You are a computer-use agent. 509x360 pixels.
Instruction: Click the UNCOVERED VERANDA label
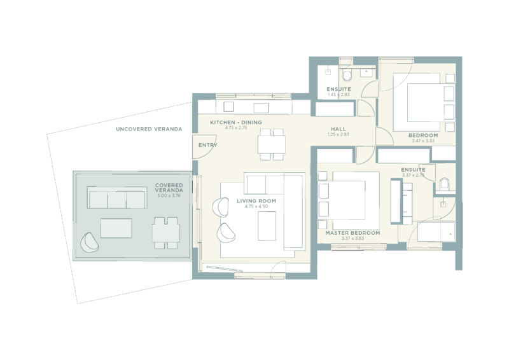[149, 129]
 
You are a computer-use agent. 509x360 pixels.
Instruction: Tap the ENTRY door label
[207, 146]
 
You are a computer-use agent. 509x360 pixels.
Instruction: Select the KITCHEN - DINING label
[235, 122]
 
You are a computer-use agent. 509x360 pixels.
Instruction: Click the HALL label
[338, 128]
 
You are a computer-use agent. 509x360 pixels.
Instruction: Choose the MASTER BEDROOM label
[352, 233]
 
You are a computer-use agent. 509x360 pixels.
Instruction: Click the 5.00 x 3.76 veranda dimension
[170, 196]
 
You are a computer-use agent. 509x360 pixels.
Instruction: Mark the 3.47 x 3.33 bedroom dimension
[422, 141]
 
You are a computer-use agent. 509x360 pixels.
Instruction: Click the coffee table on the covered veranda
[116, 228]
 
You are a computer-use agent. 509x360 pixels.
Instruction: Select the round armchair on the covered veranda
[90, 242]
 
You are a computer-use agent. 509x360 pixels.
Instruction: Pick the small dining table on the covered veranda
[165, 233]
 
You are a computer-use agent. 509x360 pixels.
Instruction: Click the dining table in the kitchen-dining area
[272, 146]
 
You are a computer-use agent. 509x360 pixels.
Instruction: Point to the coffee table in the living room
[267, 225]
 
